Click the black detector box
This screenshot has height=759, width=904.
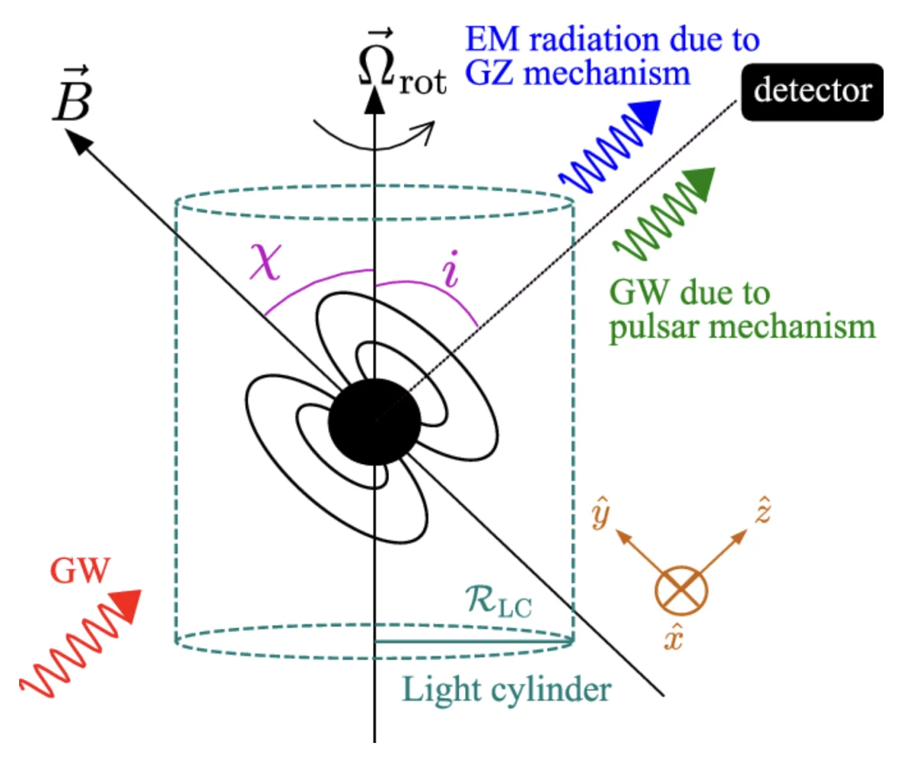pyautogui.click(x=811, y=91)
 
